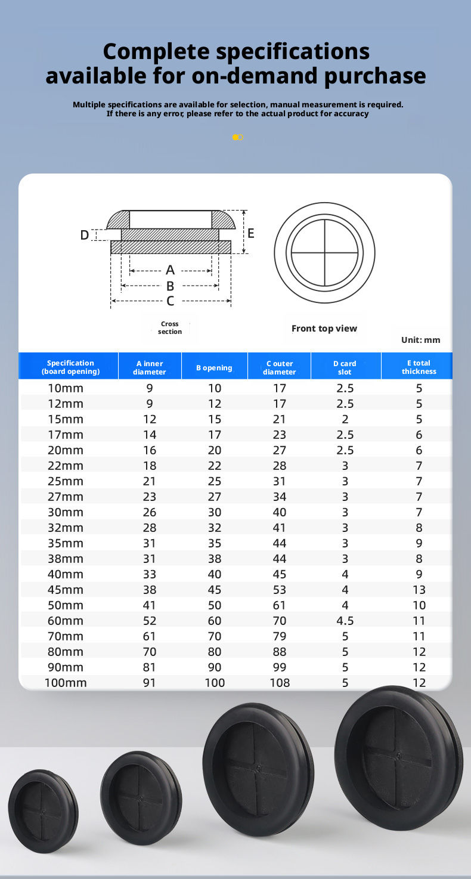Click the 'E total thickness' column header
[419, 367]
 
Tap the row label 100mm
[66, 683]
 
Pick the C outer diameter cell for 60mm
[279, 621]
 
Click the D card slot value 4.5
[345, 621]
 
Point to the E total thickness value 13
[419, 590]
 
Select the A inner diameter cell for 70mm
[149, 636]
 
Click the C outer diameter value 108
[279, 683]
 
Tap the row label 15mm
[66, 419]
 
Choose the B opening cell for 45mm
[215, 590]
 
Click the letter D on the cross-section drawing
[85, 236]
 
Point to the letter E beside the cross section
[251, 233]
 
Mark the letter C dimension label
[171, 301]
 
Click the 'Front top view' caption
[324, 329]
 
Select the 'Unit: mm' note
[420, 340]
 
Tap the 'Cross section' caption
[170, 327]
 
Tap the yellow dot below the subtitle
[235, 137]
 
